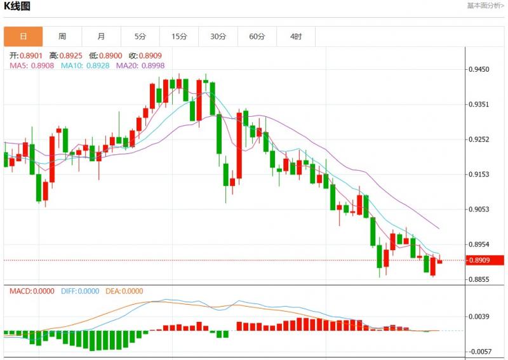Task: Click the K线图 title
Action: pyautogui.click(x=17, y=7)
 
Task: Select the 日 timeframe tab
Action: pyautogui.click(x=23, y=37)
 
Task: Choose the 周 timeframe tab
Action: pyautogui.click(x=62, y=37)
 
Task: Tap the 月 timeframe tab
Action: pyautogui.click(x=101, y=37)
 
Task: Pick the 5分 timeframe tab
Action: pyautogui.click(x=140, y=37)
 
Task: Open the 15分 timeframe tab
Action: pyautogui.click(x=179, y=37)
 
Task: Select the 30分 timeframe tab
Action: pyautogui.click(x=218, y=37)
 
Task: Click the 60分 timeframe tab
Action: pyautogui.click(x=257, y=37)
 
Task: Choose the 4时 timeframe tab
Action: pyautogui.click(x=296, y=37)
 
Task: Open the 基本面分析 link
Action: pyautogui.click(x=486, y=6)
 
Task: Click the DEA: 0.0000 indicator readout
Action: pyautogui.click(x=124, y=291)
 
